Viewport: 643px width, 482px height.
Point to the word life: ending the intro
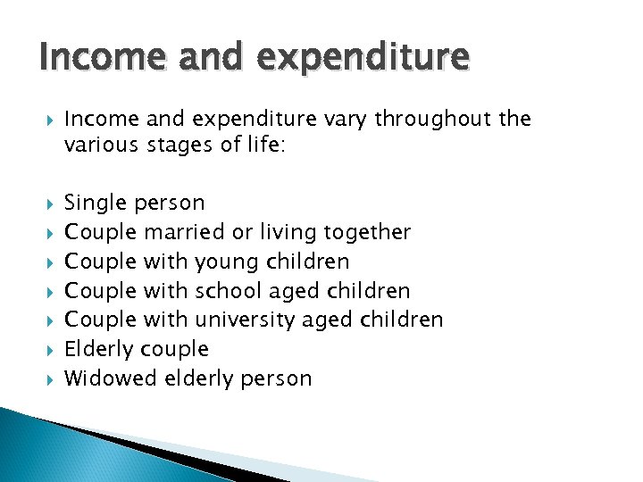coord(262,145)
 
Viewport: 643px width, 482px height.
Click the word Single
coord(94,204)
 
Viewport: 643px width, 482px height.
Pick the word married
coord(184,232)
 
